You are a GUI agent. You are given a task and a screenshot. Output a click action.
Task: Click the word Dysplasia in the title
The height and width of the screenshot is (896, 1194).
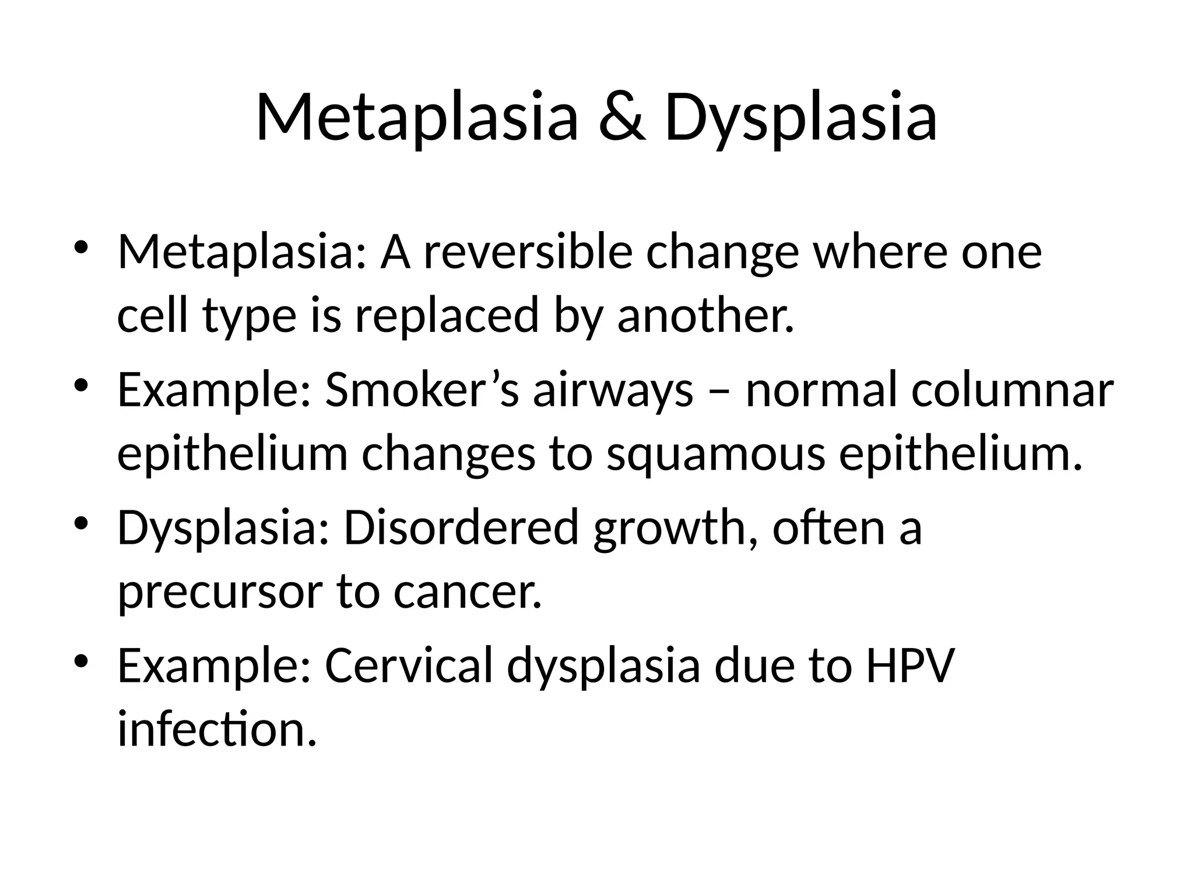(800, 118)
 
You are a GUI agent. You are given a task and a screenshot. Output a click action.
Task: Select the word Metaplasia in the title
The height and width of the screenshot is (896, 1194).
(416, 118)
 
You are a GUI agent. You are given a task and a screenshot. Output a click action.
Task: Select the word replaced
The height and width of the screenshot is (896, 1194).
(447, 316)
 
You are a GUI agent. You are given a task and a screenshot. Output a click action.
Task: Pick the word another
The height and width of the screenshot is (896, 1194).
(705, 316)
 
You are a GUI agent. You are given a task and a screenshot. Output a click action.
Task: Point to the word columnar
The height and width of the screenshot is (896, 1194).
(1013, 390)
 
